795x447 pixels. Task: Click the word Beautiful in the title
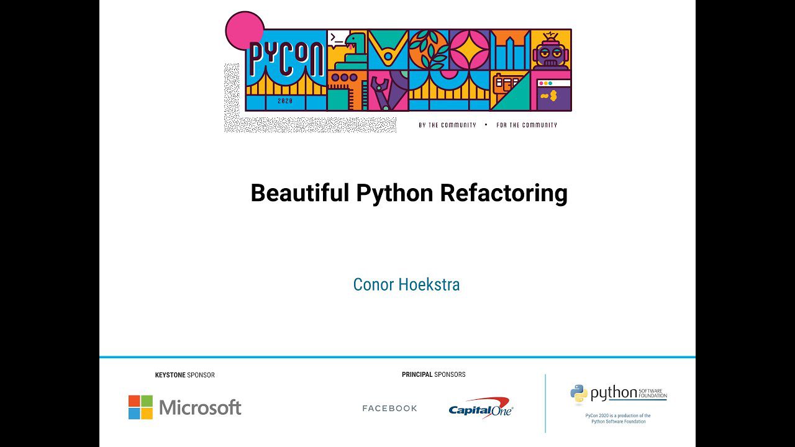(300, 192)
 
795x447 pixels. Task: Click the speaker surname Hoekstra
(429, 284)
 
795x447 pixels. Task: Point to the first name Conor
(373, 284)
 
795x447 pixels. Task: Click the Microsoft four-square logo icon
(140, 407)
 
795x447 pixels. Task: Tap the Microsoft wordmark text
(200, 407)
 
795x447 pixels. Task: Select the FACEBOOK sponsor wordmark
(389, 409)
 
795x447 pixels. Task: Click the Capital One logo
(481, 408)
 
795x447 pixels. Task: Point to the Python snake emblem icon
(579, 393)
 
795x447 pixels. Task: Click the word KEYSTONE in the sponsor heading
(170, 375)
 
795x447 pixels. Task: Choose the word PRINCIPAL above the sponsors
(417, 374)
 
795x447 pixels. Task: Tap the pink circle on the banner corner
(245, 30)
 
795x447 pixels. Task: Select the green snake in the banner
(350, 52)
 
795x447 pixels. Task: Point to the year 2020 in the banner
(285, 101)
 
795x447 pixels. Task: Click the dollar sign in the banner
(553, 96)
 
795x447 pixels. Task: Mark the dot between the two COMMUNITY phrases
(486, 125)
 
